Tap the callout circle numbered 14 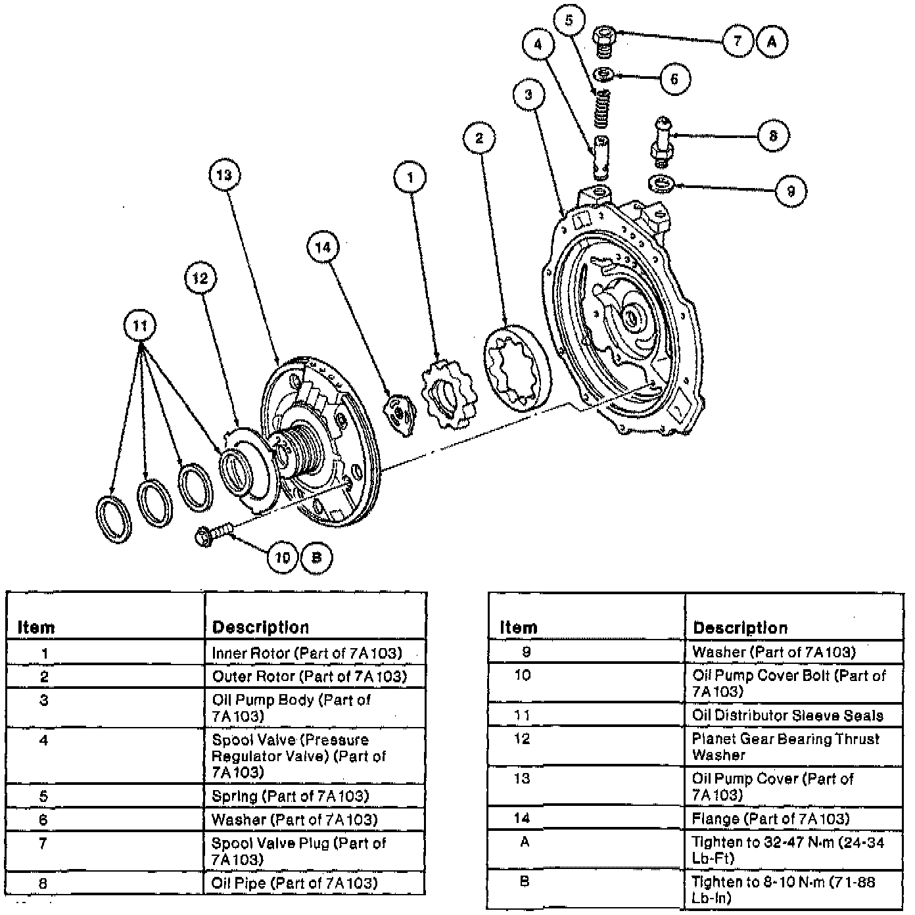pos(323,247)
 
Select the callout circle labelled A pos(772,41)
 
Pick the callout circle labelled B pos(316,557)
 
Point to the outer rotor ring pos(517,368)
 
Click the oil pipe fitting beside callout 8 pos(661,139)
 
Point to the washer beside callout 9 pos(662,184)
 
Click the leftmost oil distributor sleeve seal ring pos(114,519)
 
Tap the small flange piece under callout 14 pos(399,412)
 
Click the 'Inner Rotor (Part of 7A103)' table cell pos(307,653)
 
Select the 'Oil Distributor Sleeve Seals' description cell pos(787,715)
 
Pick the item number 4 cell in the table pos(43,741)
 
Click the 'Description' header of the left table pos(260,627)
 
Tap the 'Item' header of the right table pos(519,627)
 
